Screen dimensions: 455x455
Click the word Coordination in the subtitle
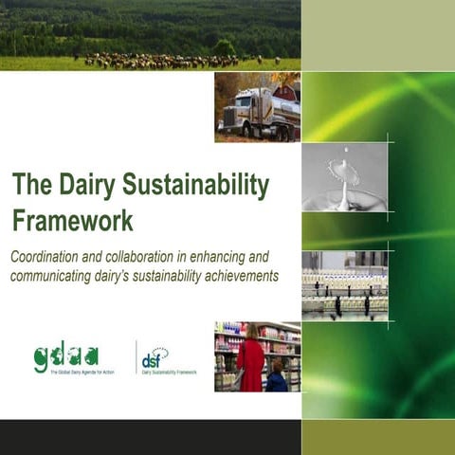point(50,258)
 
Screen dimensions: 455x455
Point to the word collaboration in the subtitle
point(158,258)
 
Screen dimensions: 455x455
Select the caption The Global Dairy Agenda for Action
point(83,373)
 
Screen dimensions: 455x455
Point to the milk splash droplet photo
point(343,174)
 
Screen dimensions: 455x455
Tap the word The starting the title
point(29,184)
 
